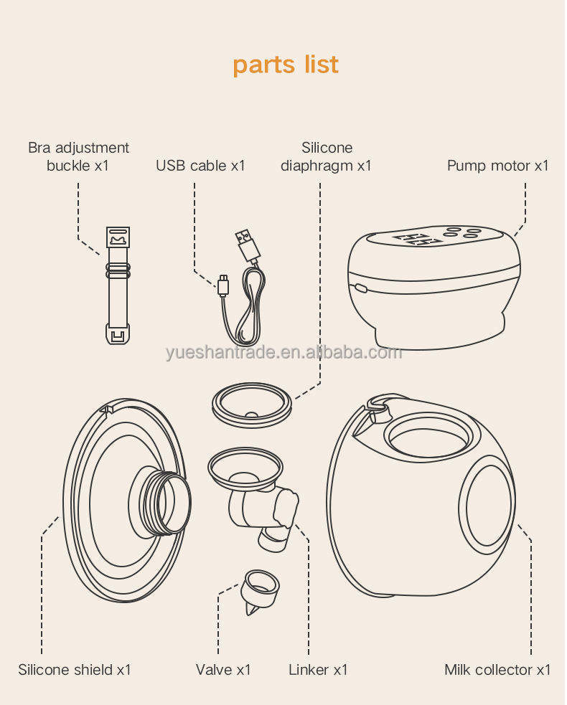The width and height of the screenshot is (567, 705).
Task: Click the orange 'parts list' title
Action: [285, 65]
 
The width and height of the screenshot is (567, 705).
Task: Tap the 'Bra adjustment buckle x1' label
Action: [78, 156]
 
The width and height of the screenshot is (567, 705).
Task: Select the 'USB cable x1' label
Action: [200, 166]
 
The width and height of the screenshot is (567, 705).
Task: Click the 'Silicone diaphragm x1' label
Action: [326, 156]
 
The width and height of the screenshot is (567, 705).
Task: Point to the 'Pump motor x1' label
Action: [497, 166]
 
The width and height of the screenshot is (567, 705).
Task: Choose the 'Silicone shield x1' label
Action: [75, 670]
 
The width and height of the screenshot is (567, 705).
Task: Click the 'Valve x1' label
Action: [223, 670]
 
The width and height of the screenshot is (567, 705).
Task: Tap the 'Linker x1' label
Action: [318, 670]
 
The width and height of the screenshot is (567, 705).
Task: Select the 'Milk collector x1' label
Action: [497, 670]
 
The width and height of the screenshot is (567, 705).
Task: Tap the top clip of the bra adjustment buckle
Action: [117, 237]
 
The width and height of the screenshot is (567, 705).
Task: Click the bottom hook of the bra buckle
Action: [118, 333]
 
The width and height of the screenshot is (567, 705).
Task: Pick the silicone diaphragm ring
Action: [252, 404]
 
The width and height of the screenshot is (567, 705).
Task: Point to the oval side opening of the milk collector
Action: [489, 506]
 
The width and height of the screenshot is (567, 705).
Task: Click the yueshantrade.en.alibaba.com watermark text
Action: [283, 353]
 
